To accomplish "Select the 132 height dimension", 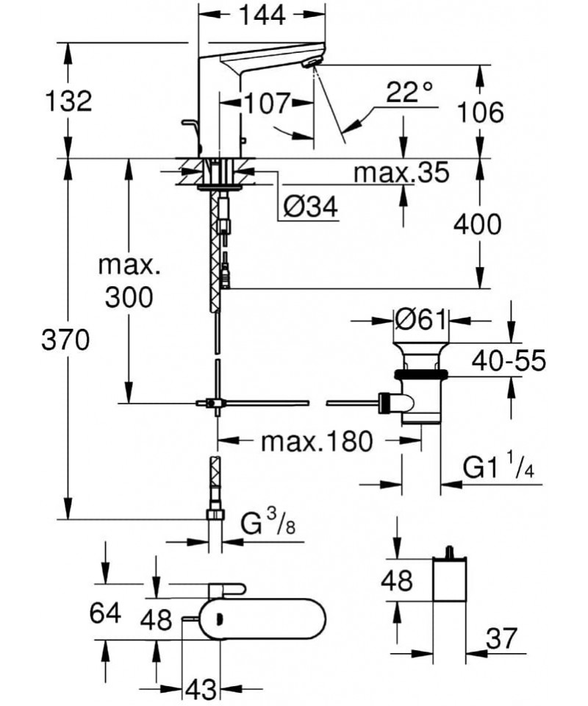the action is point(68,101).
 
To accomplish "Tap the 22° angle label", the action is point(409,93).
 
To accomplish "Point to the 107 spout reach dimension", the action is point(267,104).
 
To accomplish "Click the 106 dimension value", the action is point(480,112).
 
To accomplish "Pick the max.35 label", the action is point(401,171).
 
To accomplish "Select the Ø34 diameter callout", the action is point(311,207).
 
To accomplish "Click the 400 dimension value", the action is point(477,224).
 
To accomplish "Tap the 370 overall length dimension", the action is point(65,340).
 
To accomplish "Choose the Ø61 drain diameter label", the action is point(420,320).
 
